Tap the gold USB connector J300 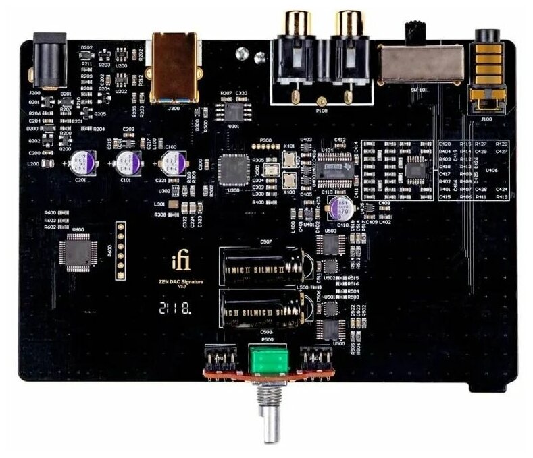174,67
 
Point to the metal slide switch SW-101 419,66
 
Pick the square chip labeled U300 234,169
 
